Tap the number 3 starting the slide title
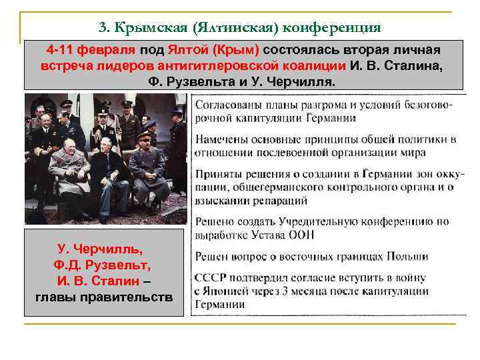click(x=102, y=27)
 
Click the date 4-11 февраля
click(x=91, y=51)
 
